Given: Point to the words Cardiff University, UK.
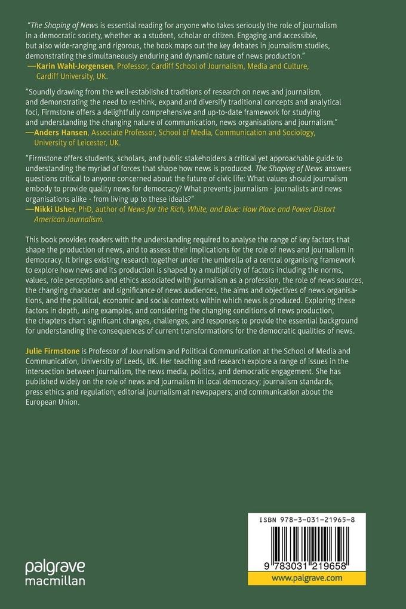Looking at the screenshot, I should [75, 77].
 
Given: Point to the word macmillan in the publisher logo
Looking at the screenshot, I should [55, 580].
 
